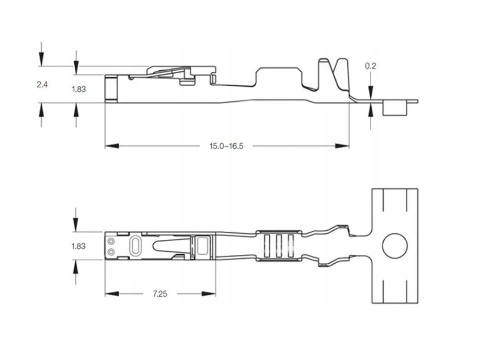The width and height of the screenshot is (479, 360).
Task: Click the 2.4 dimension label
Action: coord(43,84)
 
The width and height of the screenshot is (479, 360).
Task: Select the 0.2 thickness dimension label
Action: coord(370,66)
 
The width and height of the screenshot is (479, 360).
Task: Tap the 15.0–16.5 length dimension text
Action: coord(226,146)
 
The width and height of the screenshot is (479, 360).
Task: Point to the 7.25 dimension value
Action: coord(160,294)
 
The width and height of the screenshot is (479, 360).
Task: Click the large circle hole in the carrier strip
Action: coord(395,246)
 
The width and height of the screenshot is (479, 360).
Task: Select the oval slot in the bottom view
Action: coord(136,246)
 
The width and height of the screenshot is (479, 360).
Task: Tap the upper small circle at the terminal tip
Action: coord(112,241)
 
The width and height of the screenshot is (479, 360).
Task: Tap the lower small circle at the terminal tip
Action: coord(112,251)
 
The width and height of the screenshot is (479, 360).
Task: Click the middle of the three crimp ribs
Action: coord(277,246)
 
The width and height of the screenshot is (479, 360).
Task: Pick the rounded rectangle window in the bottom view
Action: coord(204,246)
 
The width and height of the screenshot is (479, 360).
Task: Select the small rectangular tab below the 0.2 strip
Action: coord(395,109)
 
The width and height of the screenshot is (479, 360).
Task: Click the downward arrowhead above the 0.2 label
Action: coord(371,90)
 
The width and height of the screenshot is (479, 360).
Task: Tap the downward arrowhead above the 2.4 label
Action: coord(42,60)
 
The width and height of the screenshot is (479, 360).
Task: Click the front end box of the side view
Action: coord(111,88)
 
